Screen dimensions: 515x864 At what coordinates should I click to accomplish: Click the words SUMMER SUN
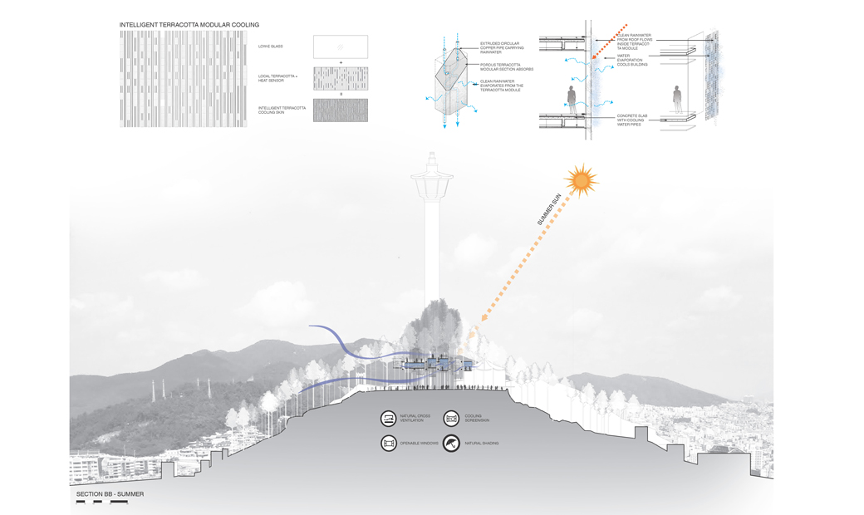(x=549, y=210)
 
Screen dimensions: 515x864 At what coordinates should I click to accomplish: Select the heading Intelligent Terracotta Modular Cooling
(x=189, y=25)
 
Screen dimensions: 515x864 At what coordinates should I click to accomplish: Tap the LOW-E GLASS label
(x=271, y=47)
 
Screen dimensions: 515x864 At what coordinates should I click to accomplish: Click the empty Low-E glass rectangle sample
(x=341, y=47)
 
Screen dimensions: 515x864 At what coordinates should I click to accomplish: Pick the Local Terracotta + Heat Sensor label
(x=278, y=78)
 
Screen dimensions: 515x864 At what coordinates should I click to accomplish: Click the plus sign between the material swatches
(x=341, y=62)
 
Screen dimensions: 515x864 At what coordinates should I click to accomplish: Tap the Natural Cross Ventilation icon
(x=389, y=419)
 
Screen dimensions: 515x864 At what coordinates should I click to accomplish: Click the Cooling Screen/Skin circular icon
(x=451, y=419)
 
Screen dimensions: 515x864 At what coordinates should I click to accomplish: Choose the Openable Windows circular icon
(x=389, y=444)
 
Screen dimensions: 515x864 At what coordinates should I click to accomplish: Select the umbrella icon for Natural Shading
(x=451, y=444)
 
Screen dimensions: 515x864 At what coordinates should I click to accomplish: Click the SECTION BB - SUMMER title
(x=110, y=494)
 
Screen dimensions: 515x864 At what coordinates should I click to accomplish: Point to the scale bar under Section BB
(x=101, y=503)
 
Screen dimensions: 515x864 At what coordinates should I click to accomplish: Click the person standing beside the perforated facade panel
(x=677, y=100)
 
